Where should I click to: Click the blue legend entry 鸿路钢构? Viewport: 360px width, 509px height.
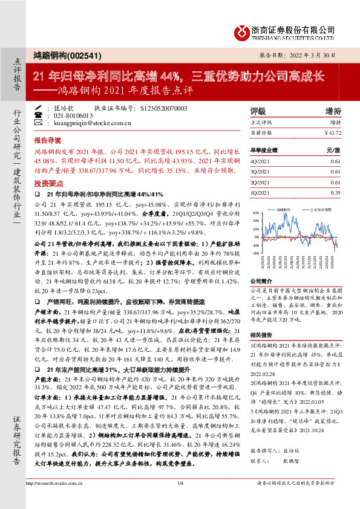[283, 209]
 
